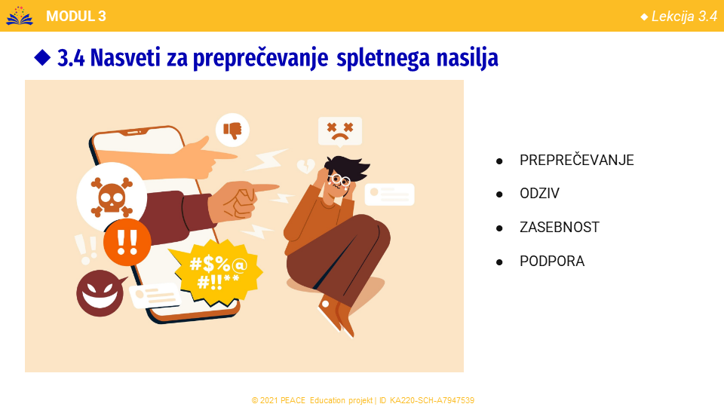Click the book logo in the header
tap(20, 16)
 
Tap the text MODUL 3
tap(76, 16)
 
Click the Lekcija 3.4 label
tap(684, 17)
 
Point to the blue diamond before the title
tap(42, 58)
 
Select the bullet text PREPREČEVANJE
tap(577, 160)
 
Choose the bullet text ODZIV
tap(539, 194)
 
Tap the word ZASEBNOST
tap(560, 227)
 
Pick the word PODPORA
tap(552, 262)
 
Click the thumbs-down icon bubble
tap(233, 130)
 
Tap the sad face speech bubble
tap(340, 131)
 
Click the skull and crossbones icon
tap(112, 197)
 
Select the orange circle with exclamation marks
tap(127, 243)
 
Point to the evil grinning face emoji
tap(100, 293)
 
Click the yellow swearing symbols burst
tap(216, 272)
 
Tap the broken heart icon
tap(305, 166)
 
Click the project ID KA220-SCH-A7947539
tap(431, 400)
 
